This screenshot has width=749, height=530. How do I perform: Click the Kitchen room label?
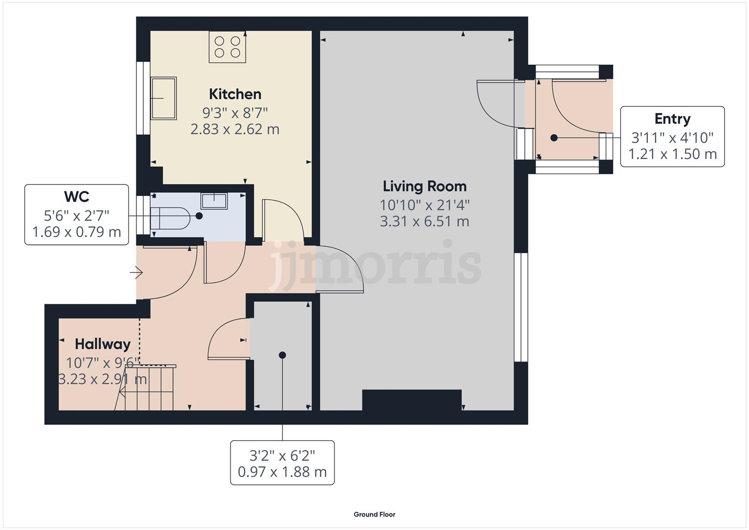tap(235, 94)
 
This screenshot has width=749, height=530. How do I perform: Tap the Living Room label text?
tap(424, 186)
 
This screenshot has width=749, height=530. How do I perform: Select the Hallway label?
tap(103, 344)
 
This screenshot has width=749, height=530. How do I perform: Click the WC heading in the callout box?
tap(77, 197)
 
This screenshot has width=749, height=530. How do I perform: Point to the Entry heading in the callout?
tap(672, 119)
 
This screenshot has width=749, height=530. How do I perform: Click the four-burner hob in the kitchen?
tap(228, 47)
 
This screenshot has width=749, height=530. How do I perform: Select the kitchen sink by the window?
tap(163, 98)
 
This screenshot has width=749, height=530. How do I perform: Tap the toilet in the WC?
tap(169, 218)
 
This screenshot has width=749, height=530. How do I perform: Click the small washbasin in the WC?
tap(214, 201)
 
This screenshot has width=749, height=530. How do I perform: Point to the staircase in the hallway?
tap(146, 388)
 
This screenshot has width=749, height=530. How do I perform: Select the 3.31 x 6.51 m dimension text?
tap(424, 221)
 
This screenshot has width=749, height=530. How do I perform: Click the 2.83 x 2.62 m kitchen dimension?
tap(235, 130)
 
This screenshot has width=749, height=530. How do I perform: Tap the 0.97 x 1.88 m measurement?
tap(282, 472)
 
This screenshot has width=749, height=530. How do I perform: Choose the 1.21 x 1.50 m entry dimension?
tap(672, 154)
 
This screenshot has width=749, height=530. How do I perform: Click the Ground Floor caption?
tap(374, 514)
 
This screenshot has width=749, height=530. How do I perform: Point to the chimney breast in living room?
tap(412, 399)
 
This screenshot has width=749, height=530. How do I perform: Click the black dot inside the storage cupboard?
tap(282, 355)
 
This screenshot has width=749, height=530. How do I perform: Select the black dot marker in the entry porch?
tap(554, 138)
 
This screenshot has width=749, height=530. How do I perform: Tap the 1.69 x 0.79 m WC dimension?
tap(77, 232)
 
